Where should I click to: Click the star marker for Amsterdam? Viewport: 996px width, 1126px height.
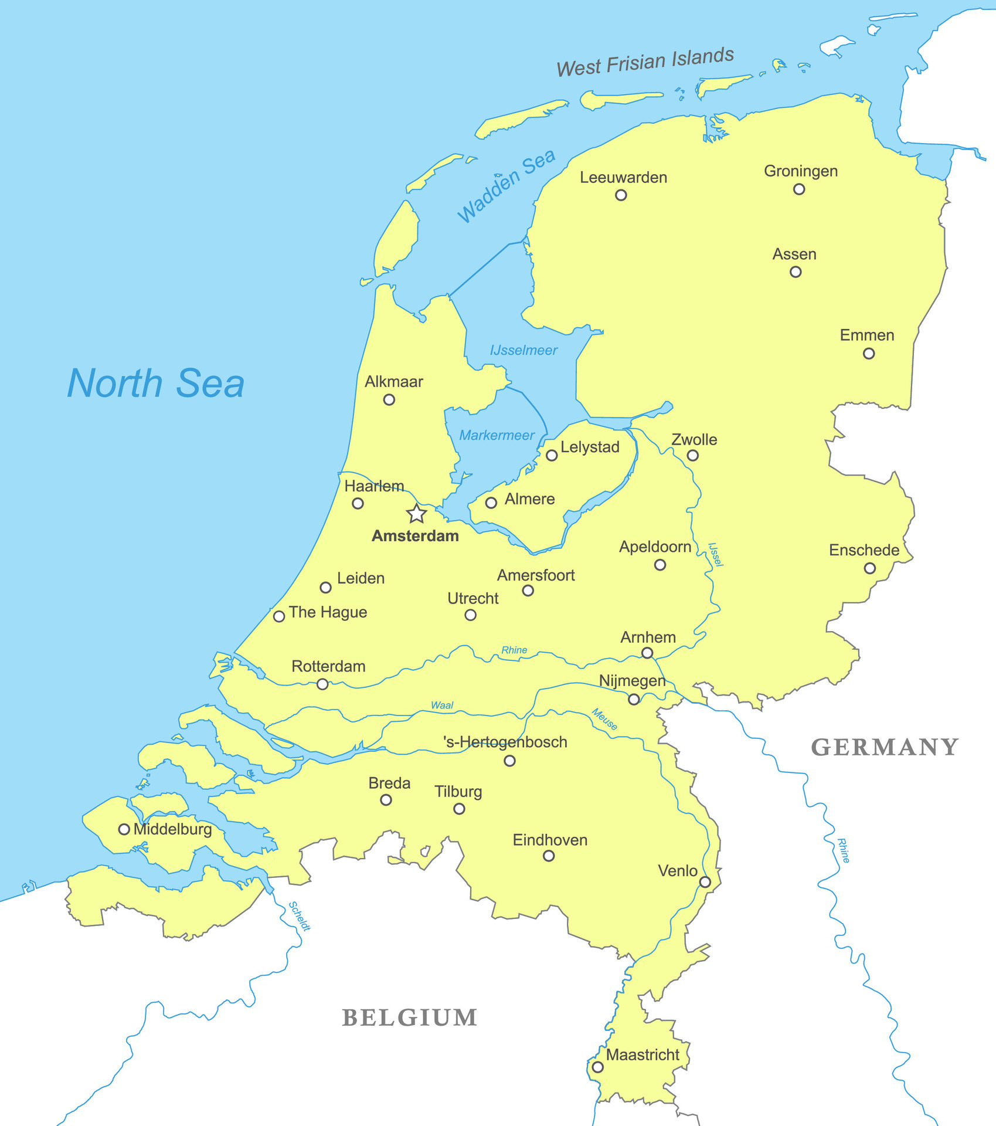tap(416, 514)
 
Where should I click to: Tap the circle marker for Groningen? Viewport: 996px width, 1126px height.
tap(799, 189)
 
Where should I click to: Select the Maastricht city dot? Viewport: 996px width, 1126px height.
tap(597, 1067)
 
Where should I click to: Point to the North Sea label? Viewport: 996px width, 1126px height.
tap(156, 384)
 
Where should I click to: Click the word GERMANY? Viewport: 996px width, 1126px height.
tap(885, 747)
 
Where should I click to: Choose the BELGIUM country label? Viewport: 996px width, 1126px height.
tap(410, 1018)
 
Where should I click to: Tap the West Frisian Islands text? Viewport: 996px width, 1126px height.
tap(645, 62)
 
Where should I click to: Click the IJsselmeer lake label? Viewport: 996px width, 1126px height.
tap(524, 351)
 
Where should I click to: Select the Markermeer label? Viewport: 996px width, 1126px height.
tap(497, 435)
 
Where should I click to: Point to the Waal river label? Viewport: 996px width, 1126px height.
tap(442, 705)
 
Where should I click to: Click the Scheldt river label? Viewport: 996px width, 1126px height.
tap(300, 916)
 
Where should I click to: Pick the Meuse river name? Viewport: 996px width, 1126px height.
tap(604, 719)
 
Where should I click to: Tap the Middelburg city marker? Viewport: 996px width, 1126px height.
tap(124, 829)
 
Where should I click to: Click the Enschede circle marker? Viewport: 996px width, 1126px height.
tap(870, 568)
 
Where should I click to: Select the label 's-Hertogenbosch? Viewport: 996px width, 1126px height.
tap(505, 742)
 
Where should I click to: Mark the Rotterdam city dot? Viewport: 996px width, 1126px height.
tap(322, 684)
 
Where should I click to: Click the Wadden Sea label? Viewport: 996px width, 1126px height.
tap(506, 186)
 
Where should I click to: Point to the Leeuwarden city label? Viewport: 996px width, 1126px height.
tap(623, 178)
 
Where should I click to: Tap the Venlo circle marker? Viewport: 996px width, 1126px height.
tap(705, 882)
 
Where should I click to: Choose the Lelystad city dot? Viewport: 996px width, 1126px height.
tap(552, 455)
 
